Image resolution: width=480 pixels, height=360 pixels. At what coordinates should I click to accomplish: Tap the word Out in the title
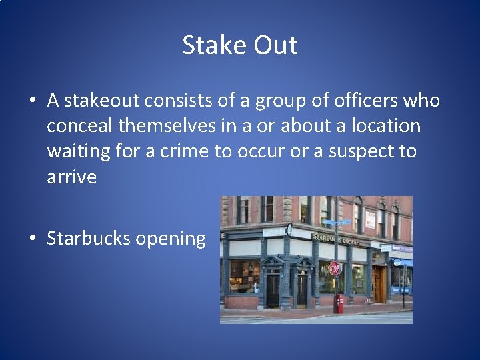click(276, 45)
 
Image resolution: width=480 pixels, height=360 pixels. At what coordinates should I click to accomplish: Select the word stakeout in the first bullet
click(103, 101)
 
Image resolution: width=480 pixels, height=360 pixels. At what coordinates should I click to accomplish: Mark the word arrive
click(71, 177)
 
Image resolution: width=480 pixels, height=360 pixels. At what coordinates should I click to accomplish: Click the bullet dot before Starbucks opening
click(33, 239)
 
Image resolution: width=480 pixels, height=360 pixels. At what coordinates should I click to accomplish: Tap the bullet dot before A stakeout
click(33, 101)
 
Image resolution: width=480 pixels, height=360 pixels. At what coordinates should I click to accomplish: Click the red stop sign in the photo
click(335, 268)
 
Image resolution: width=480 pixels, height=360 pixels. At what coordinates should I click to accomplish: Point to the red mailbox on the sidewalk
click(339, 303)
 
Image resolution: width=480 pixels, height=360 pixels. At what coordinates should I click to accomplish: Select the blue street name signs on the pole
click(338, 222)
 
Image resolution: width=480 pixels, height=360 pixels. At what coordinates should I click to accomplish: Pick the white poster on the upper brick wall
click(370, 218)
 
